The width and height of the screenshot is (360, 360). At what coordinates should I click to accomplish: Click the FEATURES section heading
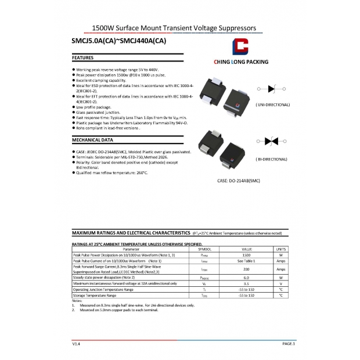82,59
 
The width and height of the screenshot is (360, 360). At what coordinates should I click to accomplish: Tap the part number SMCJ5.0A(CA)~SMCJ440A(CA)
118,41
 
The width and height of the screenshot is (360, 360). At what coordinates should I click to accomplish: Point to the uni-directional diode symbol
270,89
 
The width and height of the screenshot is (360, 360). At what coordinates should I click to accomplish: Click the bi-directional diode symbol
270,142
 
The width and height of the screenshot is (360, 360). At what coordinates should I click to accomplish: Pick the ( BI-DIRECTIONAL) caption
271,159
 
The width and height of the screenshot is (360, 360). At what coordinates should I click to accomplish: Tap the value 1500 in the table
246,255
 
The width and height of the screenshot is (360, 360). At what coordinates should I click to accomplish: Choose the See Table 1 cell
246,262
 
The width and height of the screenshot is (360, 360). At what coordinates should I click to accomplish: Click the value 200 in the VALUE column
246,269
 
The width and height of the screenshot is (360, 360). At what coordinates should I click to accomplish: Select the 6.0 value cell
246,278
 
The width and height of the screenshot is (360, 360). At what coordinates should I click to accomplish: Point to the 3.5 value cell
246,283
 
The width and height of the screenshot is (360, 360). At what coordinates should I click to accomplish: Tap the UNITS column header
280,249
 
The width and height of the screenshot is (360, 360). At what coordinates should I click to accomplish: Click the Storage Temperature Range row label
95,296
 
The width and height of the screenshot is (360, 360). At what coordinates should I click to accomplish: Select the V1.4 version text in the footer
75,344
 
